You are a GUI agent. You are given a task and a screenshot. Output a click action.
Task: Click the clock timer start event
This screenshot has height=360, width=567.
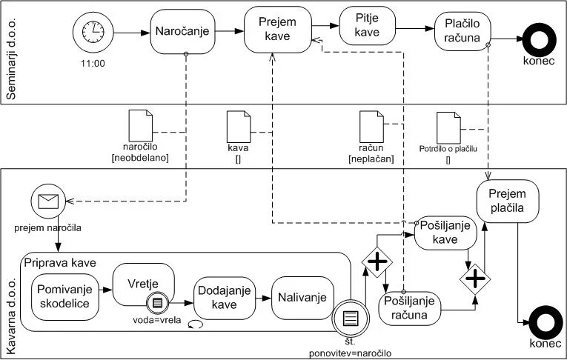[93, 32]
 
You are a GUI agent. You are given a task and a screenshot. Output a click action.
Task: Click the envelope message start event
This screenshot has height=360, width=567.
[50, 199]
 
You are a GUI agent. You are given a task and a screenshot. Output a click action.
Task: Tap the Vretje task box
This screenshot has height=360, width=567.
[143, 284]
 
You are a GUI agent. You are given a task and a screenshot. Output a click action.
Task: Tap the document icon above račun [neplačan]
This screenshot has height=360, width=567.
[370, 124]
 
